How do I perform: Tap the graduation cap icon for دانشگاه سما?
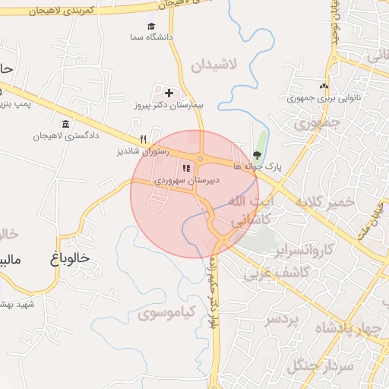point(150,26)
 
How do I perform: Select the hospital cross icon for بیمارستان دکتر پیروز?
point(169,93)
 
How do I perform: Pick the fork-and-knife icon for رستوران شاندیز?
point(143,138)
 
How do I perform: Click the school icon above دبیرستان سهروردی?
point(187,168)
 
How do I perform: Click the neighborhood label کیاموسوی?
point(168,312)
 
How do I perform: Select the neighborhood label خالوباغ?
point(68,258)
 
